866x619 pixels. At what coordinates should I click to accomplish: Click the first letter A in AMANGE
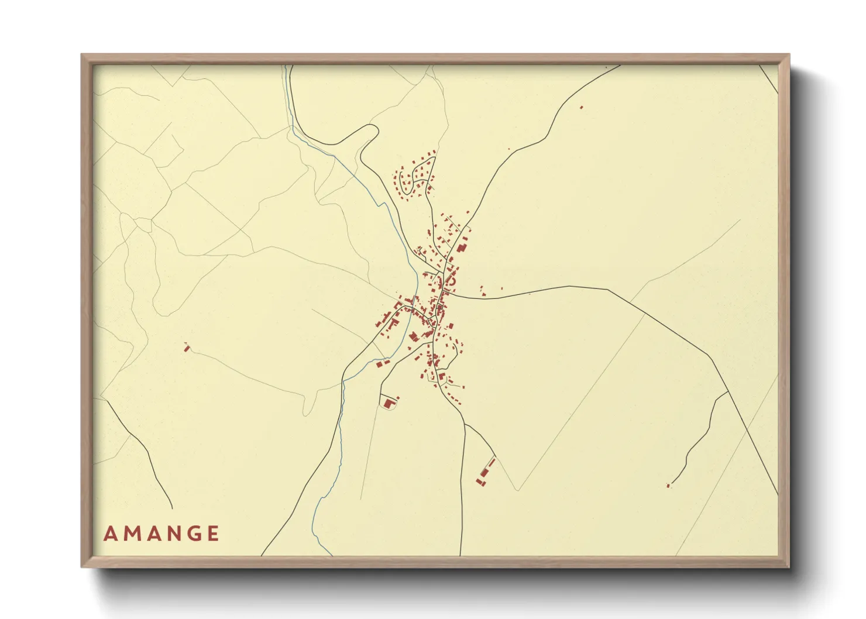(x=109, y=534)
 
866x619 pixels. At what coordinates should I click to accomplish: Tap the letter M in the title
(x=132, y=534)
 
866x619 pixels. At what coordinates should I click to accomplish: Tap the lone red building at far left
(x=187, y=348)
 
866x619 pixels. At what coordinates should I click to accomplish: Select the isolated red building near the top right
(x=581, y=107)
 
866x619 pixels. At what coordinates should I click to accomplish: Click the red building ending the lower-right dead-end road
(x=668, y=485)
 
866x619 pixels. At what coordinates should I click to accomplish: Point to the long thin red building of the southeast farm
(x=484, y=469)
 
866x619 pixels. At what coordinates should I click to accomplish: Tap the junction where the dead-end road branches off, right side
(x=727, y=391)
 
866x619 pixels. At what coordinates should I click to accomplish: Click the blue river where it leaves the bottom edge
(x=331, y=555)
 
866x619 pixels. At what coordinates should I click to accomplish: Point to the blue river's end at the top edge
(x=285, y=66)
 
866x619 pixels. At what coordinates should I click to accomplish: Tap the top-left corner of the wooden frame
(x=82, y=55)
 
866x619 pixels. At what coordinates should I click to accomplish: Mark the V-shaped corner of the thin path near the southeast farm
(x=517, y=490)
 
